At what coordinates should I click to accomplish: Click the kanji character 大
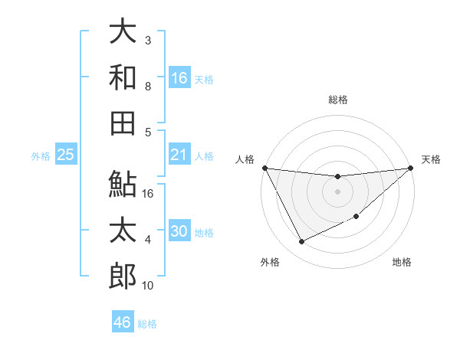(x=123, y=32)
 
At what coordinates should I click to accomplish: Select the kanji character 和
(x=123, y=77)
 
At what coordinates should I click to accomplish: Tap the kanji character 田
(x=123, y=123)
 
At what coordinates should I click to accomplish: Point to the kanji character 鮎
(x=123, y=184)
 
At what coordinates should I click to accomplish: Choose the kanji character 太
(x=123, y=230)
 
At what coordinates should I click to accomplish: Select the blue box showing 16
(x=179, y=78)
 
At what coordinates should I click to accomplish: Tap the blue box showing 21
(x=179, y=155)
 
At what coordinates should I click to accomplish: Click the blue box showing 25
(x=65, y=155)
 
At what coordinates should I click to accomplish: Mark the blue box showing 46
(x=122, y=322)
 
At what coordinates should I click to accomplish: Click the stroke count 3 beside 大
(x=147, y=40)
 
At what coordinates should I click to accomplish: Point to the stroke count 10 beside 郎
(x=149, y=286)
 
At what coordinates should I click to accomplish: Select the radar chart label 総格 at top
(x=338, y=100)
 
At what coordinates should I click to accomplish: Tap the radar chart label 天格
(x=431, y=159)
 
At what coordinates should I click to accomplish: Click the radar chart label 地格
(x=402, y=263)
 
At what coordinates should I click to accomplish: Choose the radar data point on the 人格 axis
(x=265, y=168)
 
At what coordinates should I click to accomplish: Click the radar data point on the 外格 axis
(x=301, y=242)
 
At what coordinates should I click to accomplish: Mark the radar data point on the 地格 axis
(x=356, y=217)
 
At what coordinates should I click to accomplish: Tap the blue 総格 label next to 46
(x=147, y=324)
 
